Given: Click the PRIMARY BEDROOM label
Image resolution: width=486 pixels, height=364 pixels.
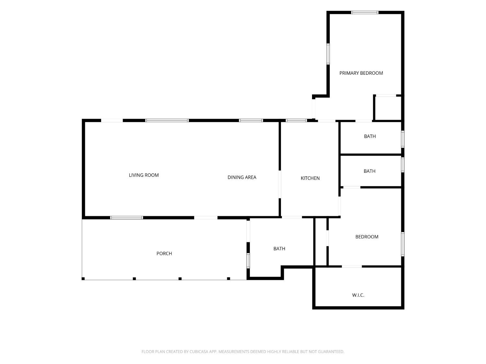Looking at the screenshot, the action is [361, 73].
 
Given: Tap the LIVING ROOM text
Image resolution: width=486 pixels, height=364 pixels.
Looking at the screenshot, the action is [144, 175].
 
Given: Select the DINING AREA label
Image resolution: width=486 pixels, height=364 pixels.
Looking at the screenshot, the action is [242, 177].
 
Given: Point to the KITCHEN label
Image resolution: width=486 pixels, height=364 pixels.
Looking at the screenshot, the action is [310, 178].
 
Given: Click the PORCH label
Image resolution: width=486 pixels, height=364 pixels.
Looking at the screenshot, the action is [164, 253].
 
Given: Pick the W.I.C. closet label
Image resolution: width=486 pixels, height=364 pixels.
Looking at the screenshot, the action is [358, 295].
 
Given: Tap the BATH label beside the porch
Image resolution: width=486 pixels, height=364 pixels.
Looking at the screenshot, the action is [279, 248].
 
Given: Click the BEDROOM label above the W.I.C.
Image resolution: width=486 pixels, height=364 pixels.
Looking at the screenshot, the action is [367, 237].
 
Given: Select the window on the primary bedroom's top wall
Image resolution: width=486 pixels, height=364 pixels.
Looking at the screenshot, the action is [364, 12].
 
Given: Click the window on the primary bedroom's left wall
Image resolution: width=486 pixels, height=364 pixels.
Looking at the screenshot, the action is [328, 54].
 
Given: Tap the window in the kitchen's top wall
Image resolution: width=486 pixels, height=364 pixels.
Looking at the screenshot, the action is [296, 120].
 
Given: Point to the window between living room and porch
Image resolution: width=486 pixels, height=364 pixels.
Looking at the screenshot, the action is [126, 217].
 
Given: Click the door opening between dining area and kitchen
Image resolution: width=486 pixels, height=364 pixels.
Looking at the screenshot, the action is [280, 184].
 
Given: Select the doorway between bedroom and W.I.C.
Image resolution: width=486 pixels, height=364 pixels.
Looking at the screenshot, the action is [352, 266].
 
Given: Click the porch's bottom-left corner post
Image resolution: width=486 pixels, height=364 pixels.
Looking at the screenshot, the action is [83, 279].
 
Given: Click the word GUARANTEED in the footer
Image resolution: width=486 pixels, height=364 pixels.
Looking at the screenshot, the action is [331, 351].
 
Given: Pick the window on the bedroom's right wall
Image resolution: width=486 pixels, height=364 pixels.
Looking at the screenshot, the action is [403, 244].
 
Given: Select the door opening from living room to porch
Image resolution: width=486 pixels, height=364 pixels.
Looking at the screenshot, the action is [206, 217].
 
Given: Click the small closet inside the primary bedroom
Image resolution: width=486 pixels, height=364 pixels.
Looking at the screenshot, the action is [388, 108].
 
